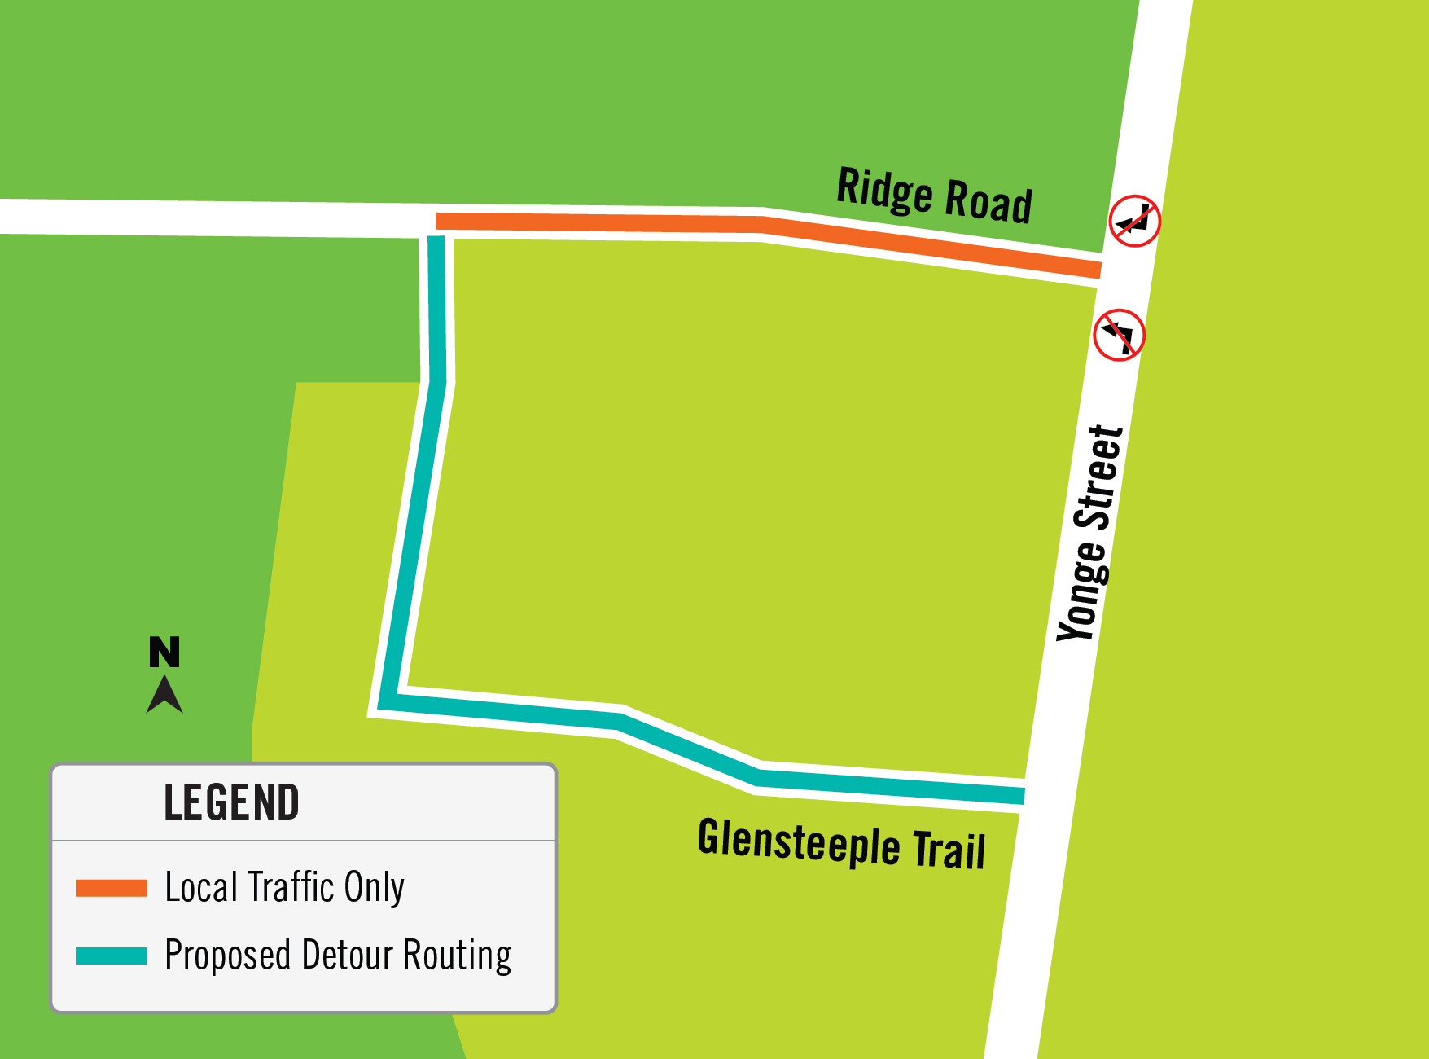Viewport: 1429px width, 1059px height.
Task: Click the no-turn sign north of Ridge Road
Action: (1134, 221)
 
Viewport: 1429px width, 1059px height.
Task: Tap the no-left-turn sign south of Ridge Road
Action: (1119, 335)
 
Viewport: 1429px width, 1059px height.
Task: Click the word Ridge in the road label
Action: (884, 191)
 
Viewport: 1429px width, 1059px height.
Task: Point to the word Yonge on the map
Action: (1083, 590)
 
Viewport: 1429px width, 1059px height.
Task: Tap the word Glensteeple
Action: (799, 842)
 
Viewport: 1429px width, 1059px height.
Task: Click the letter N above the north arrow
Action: (164, 653)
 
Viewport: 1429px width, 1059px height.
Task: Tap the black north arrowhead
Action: (164, 696)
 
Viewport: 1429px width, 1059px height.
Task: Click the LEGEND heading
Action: (231, 802)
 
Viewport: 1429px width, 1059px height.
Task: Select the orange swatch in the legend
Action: (111, 888)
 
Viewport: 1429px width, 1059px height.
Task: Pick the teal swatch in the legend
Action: (111, 956)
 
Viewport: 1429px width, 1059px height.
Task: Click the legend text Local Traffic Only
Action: (284, 887)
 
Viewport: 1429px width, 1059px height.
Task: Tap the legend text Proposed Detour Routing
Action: (338, 955)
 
